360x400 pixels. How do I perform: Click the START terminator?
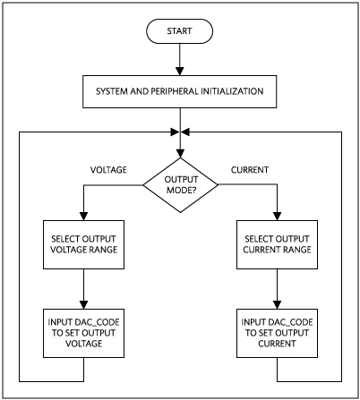pos(179,31)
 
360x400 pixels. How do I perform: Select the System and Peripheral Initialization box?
pos(179,91)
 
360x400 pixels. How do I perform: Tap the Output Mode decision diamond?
pos(180,185)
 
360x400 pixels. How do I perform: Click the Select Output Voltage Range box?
pos(83,244)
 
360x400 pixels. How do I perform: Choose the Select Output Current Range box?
pos(277,244)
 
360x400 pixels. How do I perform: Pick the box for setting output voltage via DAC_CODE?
pos(83,333)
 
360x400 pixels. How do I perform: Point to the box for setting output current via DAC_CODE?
pos(277,333)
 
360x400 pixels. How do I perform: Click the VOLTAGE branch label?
pos(108,170)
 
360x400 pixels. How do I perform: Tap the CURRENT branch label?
pos(250,170)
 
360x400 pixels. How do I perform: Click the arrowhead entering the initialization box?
pos(180,71)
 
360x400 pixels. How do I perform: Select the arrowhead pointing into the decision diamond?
pos(180,153)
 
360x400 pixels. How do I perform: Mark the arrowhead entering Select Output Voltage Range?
pos(84,217)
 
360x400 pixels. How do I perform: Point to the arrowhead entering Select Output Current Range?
pos(278,217)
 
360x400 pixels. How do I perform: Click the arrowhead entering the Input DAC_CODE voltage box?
pos(84,304)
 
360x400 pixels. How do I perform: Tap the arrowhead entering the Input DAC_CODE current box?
pos(278,304)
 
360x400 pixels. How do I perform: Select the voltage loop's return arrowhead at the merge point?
pos(175,132)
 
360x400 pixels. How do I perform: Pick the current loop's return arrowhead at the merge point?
pos(185,132)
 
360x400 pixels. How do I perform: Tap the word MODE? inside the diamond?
pos(181,190)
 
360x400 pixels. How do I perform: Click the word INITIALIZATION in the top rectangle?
pos(232,91)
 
